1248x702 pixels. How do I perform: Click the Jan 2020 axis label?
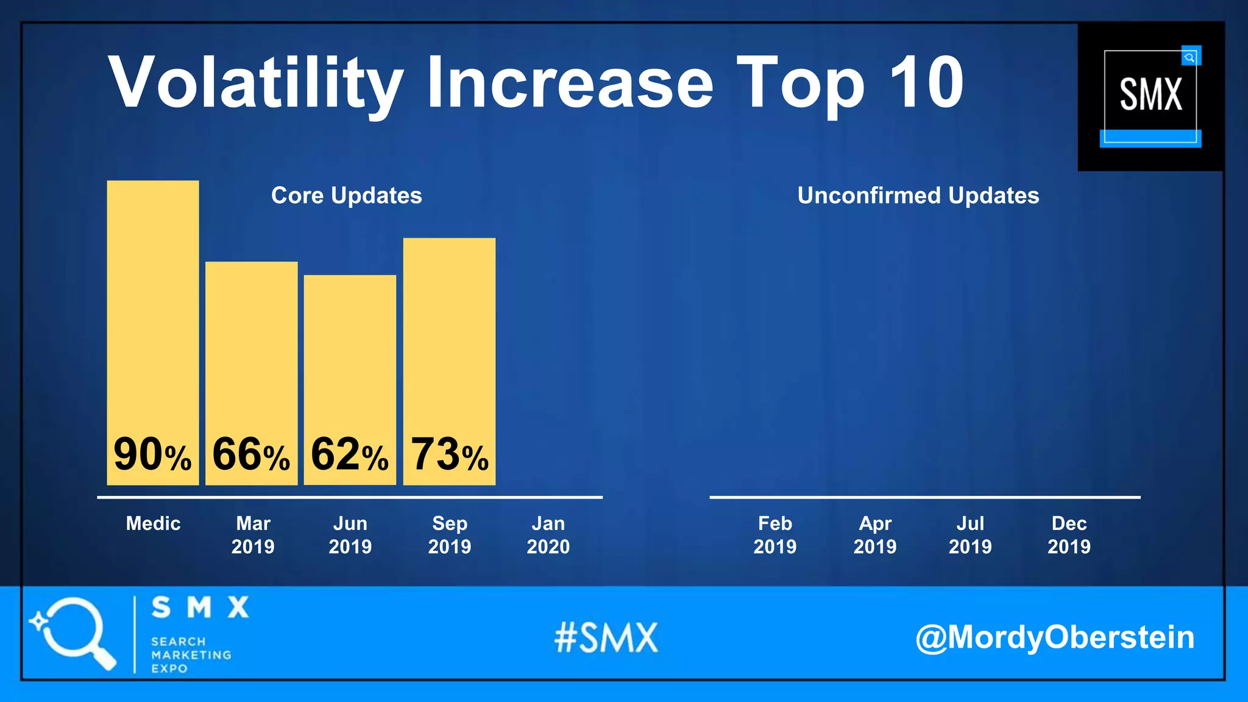[548, 535]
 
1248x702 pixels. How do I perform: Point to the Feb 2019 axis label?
[775, 535]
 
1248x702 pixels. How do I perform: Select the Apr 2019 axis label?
[874, 535]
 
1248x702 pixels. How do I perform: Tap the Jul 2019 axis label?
[970, 535]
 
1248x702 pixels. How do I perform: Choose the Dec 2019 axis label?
[1069, 535]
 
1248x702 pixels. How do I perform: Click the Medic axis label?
[153, 523]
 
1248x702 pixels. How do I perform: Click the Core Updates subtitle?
[346, 196]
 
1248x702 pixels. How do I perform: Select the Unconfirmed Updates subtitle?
[918, 196]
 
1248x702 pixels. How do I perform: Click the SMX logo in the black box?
[1150, 96]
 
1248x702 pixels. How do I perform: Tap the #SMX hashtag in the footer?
[606, 638]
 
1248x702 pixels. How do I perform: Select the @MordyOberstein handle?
[1054, 637]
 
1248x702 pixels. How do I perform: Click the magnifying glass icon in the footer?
[73, 633]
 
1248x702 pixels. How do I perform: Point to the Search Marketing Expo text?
[191, 655]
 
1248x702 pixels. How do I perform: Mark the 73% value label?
[450, 455]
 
